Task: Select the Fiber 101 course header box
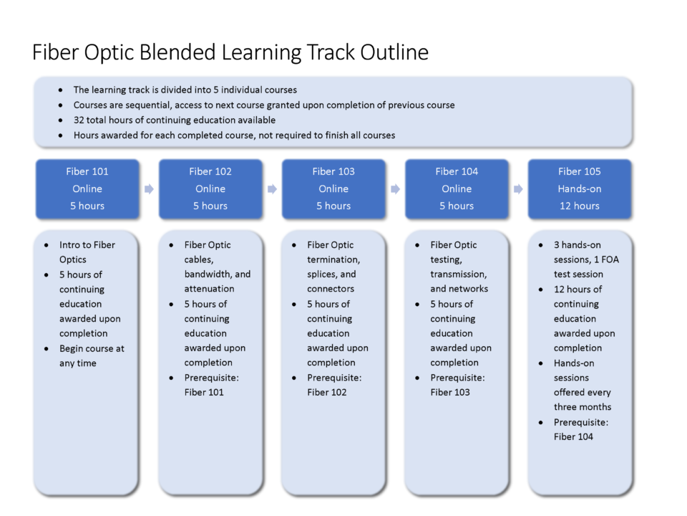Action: (x=87, y=188)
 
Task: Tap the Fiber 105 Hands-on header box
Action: (x=580, y=188)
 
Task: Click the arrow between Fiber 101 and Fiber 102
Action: (x=149, y=189)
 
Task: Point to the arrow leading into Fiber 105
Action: (x=518, y=189)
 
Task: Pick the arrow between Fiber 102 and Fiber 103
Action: (x=272, y=189)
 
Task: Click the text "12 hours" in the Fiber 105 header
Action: (x=580, y=206)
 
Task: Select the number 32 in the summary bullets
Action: (x=79, y=120)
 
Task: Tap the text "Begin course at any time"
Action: (x=92, y=356)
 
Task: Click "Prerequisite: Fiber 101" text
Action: (x=212, y=385)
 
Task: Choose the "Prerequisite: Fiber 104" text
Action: (x=581, y=429)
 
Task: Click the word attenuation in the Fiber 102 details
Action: (x=210, y=289)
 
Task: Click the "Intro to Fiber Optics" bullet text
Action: (x=87, y=252)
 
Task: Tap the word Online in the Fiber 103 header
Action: (x=333, y=188)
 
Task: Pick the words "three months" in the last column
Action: (x=583, y=407)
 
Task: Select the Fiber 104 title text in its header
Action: (x=457, y=171)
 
